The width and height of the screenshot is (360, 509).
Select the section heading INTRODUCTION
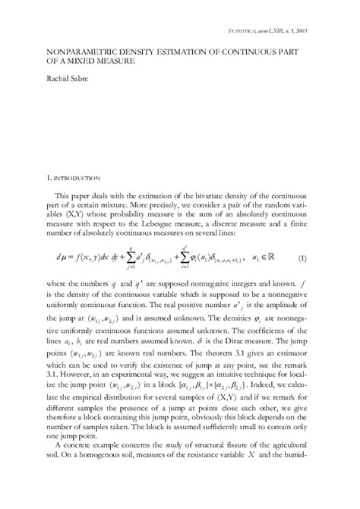point(77,179)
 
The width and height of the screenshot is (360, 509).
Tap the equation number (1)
point(302,258)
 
